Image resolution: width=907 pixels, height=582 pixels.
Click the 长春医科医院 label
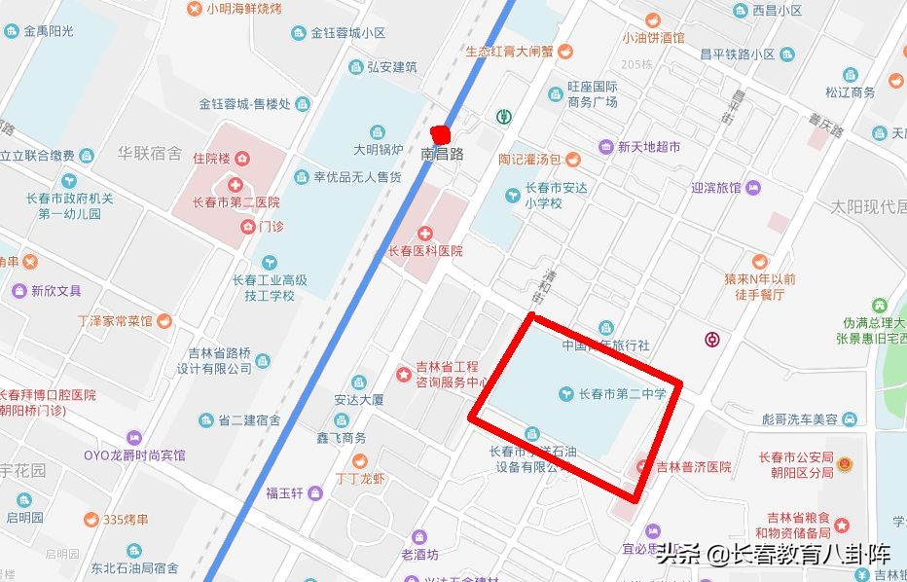425,251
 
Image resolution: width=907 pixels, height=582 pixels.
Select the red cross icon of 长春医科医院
424,234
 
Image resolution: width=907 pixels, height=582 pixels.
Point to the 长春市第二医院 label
236,203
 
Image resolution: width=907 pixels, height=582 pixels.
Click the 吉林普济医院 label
693,467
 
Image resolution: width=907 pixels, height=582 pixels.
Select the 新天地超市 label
648,147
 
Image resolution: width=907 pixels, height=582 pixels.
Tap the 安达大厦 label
359,399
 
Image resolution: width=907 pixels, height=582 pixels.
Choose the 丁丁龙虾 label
359,479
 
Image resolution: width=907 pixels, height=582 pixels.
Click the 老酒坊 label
419,555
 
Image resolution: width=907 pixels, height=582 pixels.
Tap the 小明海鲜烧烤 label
243,9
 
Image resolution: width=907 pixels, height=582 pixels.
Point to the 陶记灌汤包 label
529,159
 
